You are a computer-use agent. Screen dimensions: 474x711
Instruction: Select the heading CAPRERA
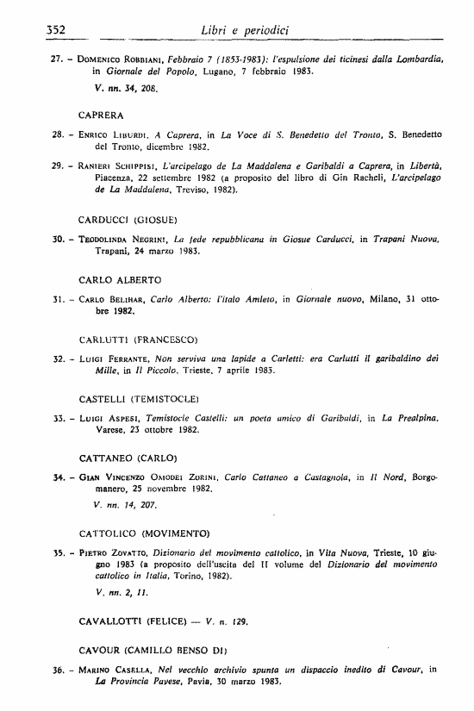101,114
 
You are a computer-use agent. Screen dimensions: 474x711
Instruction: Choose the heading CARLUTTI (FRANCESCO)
137,340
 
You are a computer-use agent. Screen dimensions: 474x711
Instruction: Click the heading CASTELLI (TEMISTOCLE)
139,399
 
